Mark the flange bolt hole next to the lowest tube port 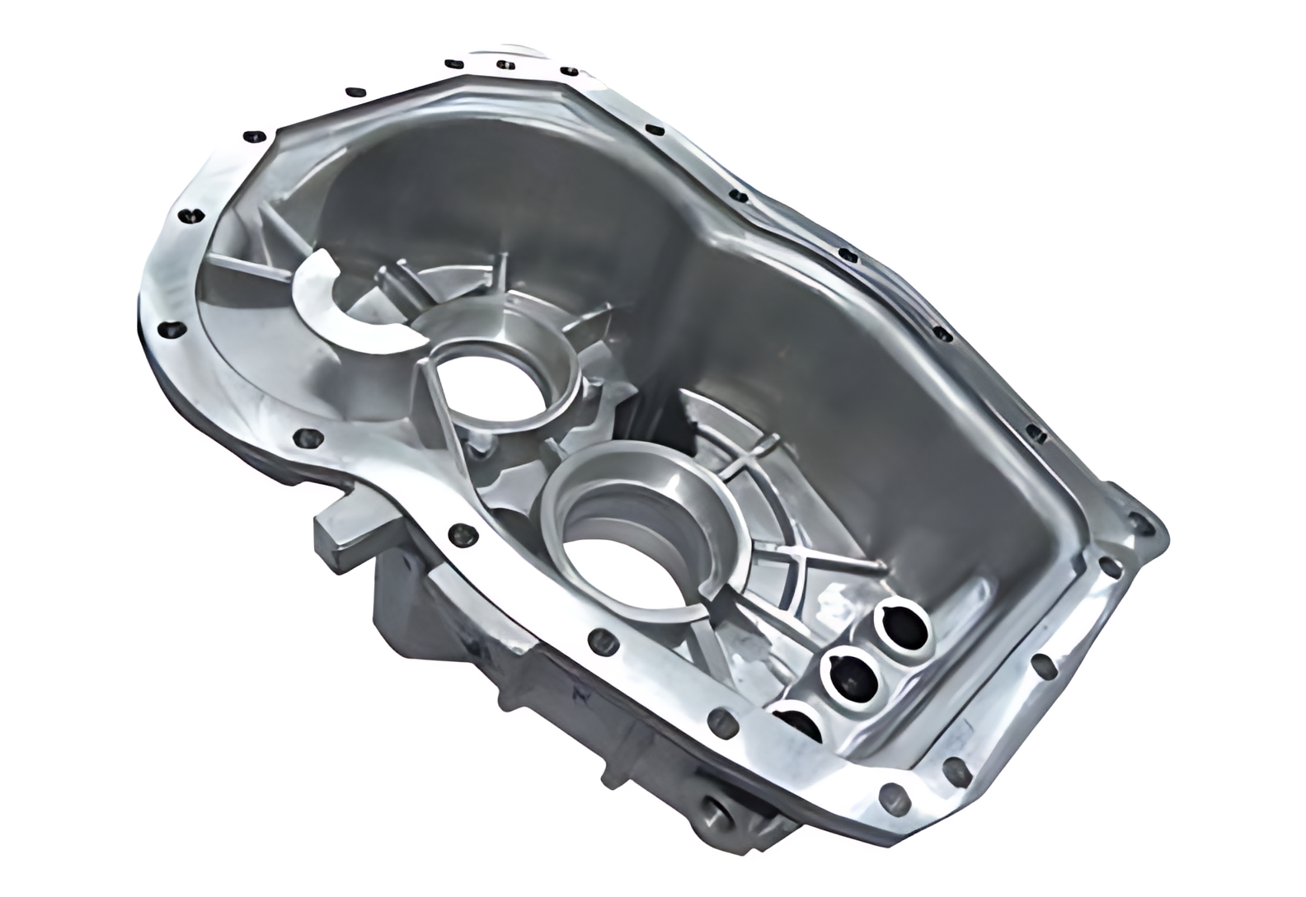[x=723, y=720]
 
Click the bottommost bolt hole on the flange [x=890, y=799]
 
